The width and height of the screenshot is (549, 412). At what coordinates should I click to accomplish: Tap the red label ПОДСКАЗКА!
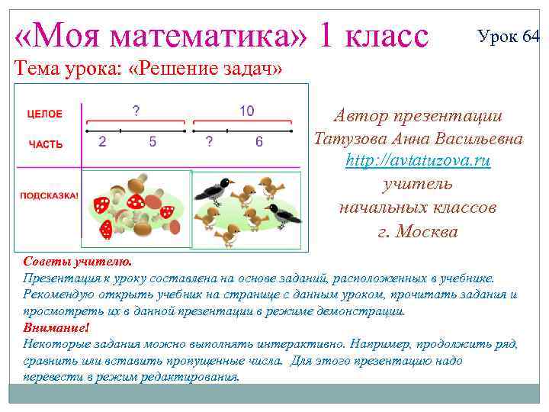coord(49,196)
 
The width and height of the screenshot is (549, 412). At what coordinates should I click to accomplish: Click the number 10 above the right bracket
coord(246,111)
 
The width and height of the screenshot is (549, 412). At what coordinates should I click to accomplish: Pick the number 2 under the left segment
coord(101,142)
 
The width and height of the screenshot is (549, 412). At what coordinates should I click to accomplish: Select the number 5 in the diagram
coord(152,142)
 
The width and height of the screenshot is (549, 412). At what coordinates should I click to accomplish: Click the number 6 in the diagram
coord(259,142)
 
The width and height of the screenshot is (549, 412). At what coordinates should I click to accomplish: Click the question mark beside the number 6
coord(210,142)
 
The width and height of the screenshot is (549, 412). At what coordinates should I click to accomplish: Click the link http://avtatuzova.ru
coord(418,162)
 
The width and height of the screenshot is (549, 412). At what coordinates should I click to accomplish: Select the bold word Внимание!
coord(56,327)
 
